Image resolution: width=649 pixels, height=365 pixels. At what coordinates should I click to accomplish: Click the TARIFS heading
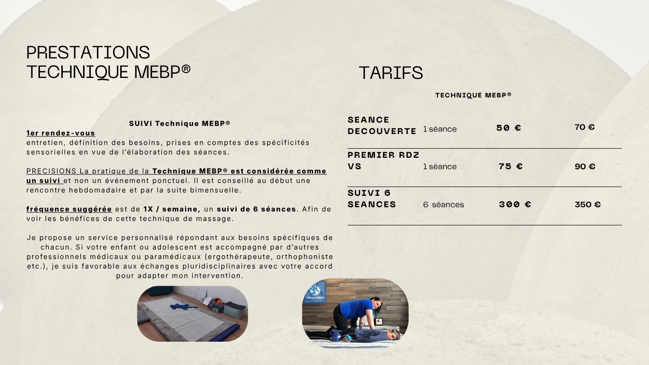pyautogui.click(x=391, y=73)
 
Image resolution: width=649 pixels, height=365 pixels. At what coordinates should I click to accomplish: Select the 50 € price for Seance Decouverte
pyautogui.click(x=508, y=128)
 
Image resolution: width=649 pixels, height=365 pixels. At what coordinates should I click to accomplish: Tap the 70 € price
pyautogui.click(x=584, y=127)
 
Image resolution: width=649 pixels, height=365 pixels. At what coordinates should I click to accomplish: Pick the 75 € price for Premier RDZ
pyautogui.click(x=510, y=166)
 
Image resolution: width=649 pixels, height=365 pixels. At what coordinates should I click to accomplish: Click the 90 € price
pyautogui.click(x=584, y=167)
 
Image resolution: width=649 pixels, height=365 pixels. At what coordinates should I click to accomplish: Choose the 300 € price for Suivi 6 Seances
pyautogui.click(x=515, y=205)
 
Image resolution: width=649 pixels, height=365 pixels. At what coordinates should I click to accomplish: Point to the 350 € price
pyautogui.click(x=587, y=205)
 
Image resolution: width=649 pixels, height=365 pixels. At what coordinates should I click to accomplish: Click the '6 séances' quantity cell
pyautogui.click(x=443, y=205)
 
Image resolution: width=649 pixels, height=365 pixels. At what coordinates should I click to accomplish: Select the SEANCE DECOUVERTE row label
pyautogui.click(x=382, y=125)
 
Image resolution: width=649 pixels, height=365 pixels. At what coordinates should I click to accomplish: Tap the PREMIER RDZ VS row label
pyautogui.click(x=383, y=161)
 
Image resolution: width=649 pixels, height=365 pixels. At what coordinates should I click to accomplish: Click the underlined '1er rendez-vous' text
pyautogui.click(x=61, y=133)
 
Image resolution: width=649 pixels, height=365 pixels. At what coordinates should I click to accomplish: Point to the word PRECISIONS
pyautogui.click(x=51, y=171)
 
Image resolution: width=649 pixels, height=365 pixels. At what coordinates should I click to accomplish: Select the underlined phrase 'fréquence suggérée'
pyautogui.click(x=69, y=209)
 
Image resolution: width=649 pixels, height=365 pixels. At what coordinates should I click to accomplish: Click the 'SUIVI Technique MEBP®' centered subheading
pyautogui.click(x=180, y=124)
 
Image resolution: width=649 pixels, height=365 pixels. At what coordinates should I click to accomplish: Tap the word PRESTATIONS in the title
pyautogui.click(x=88, y=52)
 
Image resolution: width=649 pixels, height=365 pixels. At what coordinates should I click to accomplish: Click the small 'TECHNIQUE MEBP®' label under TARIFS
pyautogui.click(x=473, y=95)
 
